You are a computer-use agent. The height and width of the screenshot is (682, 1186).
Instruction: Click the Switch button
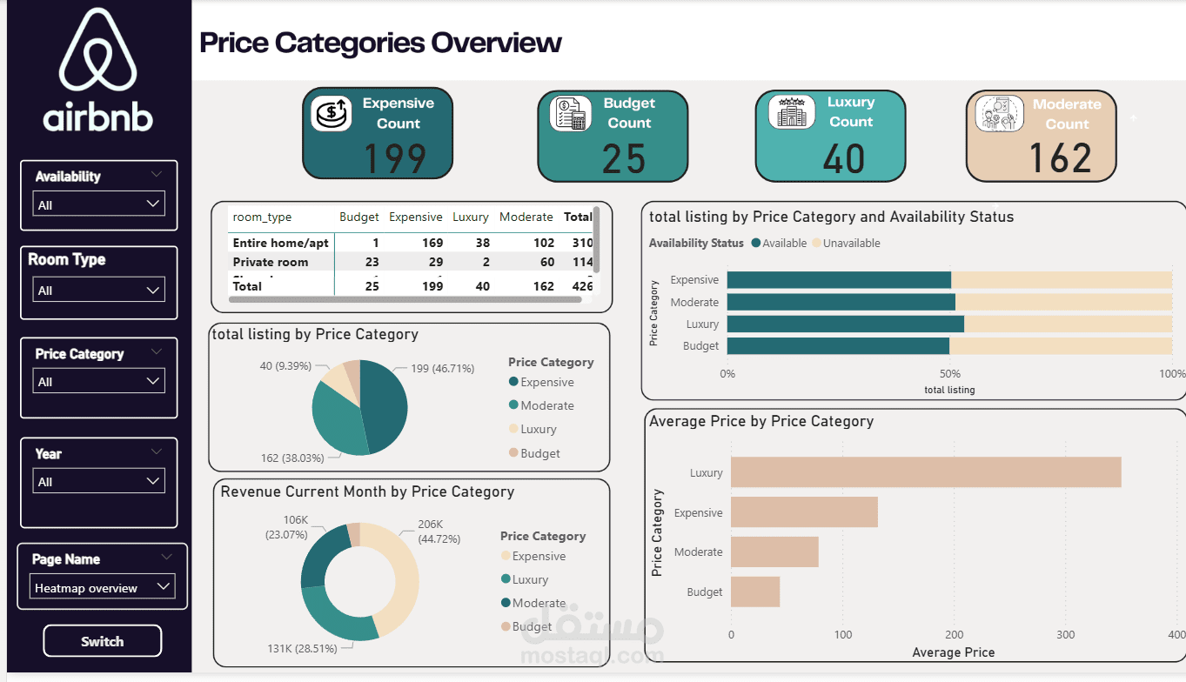tap(102, 641)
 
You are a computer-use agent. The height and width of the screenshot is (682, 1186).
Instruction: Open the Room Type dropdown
tap(97, 291)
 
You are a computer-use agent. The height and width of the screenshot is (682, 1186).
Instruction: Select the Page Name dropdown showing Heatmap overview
tap(102, 587)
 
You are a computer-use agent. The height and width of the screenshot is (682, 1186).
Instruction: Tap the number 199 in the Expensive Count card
tap(394, 158)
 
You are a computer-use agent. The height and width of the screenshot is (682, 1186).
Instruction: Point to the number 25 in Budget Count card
tap(624, 158)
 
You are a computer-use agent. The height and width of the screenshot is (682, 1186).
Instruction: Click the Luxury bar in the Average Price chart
tap(925, 472)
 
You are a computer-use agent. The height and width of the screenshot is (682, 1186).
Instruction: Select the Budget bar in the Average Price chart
tap(754, 592)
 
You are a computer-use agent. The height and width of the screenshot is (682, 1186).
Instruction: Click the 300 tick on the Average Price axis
tap(1065, 634)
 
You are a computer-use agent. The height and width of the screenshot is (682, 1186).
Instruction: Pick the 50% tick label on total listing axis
tap(950, 373)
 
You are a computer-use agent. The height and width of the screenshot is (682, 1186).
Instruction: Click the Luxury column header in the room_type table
tap(470, 217)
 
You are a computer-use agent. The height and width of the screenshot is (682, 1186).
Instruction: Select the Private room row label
tap(270, 262)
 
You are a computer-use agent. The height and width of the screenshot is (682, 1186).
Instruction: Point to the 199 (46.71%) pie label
tap(442, 369)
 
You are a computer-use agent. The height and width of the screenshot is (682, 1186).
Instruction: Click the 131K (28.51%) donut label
tap(303, 648)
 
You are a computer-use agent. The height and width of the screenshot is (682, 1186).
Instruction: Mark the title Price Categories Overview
tap(380, 43)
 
